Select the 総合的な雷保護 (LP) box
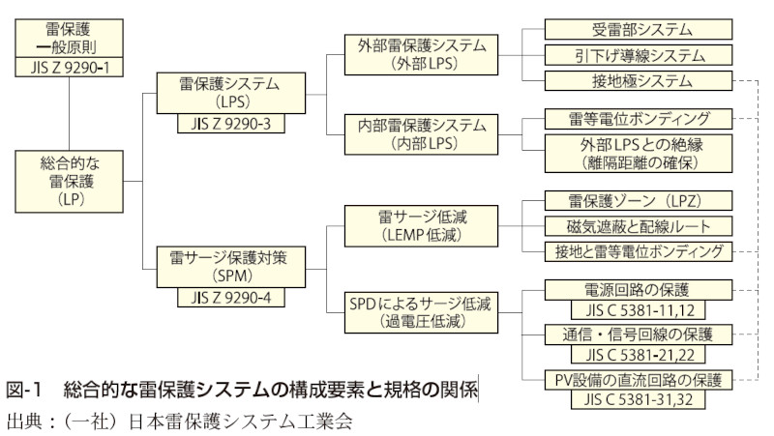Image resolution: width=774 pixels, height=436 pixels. click(70, 181)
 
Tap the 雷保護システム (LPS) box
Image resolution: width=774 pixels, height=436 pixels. click(230, 94)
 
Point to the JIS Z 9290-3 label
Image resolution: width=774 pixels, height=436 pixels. click(230, 123)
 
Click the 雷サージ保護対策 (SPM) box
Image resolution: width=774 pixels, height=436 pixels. click(230, 267)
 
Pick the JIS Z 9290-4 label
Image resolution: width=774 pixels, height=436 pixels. click(230, 297)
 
